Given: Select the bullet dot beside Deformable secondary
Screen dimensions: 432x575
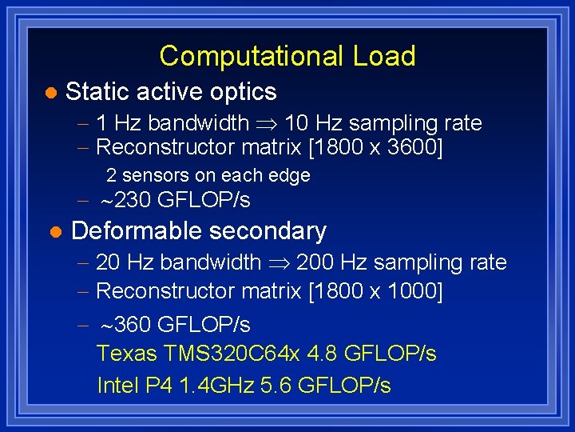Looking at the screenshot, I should point(54,232).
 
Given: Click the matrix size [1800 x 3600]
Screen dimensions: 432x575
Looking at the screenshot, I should point(375,147).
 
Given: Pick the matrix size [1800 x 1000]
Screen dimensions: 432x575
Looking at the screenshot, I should point(375,291).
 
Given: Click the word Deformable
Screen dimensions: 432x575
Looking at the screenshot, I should point(135,231).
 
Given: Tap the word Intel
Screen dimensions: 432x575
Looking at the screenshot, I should point(118,386).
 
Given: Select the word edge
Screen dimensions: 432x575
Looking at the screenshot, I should point(291,175).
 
